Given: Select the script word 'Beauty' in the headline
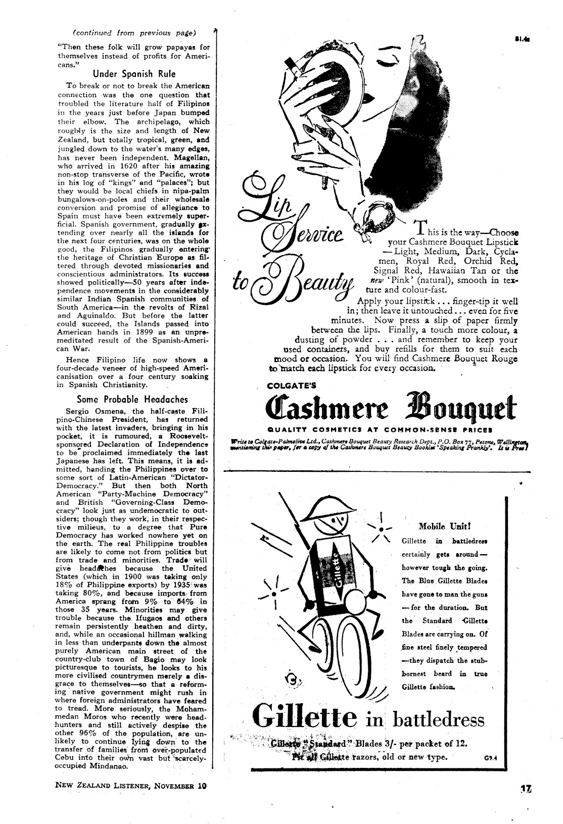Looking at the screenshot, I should pyautogui.click(x=308, y=280).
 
